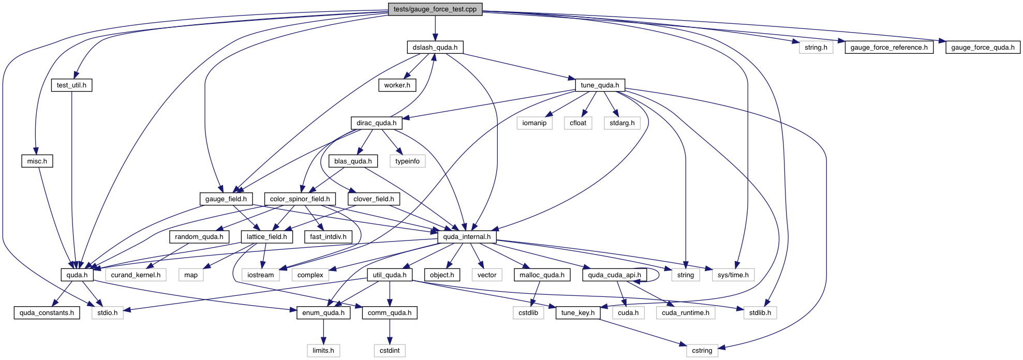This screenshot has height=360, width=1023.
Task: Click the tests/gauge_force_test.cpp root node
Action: pos(435,9)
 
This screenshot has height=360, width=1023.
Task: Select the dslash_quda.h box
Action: pos(435,48)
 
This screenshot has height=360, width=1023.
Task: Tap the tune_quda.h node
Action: pos(600,85)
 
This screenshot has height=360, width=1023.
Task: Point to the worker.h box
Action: pos(397,85)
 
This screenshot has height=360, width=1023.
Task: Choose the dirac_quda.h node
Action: pos(376,123)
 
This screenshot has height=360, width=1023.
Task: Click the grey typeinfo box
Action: pos(407,161)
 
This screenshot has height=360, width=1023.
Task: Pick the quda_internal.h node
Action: pos(467,237)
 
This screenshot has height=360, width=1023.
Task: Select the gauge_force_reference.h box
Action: pos(889,48)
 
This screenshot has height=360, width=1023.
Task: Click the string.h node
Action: pos(816,48)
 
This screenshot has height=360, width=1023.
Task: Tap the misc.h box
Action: pos(37,161)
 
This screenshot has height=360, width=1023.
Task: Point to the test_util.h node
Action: pos(71,85)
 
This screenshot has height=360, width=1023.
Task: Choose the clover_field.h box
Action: pos(374,199)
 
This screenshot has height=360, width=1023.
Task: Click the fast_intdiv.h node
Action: pos(328,237)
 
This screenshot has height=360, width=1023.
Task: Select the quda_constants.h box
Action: pos(47,313)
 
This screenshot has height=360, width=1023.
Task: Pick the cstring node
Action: pos(702,351)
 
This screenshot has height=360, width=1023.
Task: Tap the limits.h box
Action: pos(323,351)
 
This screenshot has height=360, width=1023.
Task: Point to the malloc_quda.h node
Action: pos(542,275)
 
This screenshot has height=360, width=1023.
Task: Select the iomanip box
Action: pos(535,123)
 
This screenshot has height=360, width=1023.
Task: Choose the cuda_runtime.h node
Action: pos(686,313)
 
